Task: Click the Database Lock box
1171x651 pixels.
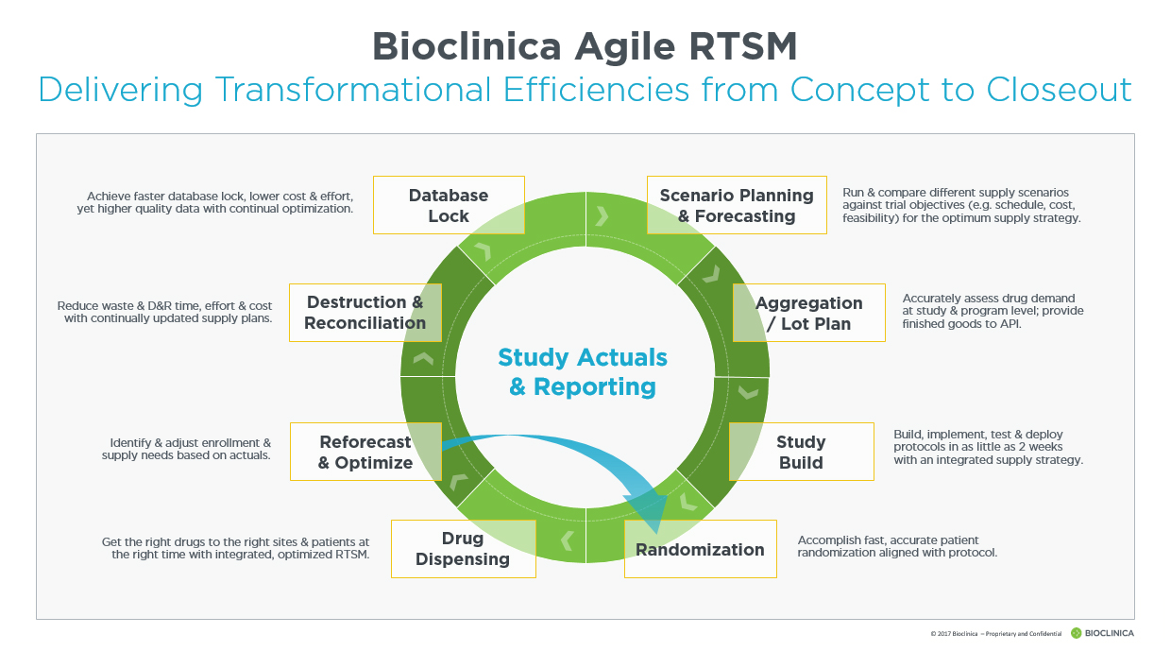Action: click(449, 205)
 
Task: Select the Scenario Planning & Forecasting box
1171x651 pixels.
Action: click(737, 205)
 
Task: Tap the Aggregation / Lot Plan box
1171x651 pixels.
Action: click(808, 313)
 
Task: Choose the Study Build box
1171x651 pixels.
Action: click(801, 452)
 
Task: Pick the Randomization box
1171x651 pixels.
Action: click(700, 549)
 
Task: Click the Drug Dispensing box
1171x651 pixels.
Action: click(463, 549)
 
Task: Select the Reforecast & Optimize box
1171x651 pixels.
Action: click(365, 452)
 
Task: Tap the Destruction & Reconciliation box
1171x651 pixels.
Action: click(365, 313)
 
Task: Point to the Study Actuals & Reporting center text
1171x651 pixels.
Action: click(583, 371)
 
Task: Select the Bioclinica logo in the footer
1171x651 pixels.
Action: click(1102, 633)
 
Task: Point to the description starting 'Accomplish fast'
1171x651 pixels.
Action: click(897, 546)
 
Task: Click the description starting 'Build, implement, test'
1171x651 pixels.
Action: click(988, 447)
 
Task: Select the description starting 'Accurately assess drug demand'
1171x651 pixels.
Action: click(993, 311)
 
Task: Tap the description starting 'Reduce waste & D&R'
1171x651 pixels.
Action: click(165, 312)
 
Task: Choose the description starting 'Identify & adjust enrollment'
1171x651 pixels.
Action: click(186, 449)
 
